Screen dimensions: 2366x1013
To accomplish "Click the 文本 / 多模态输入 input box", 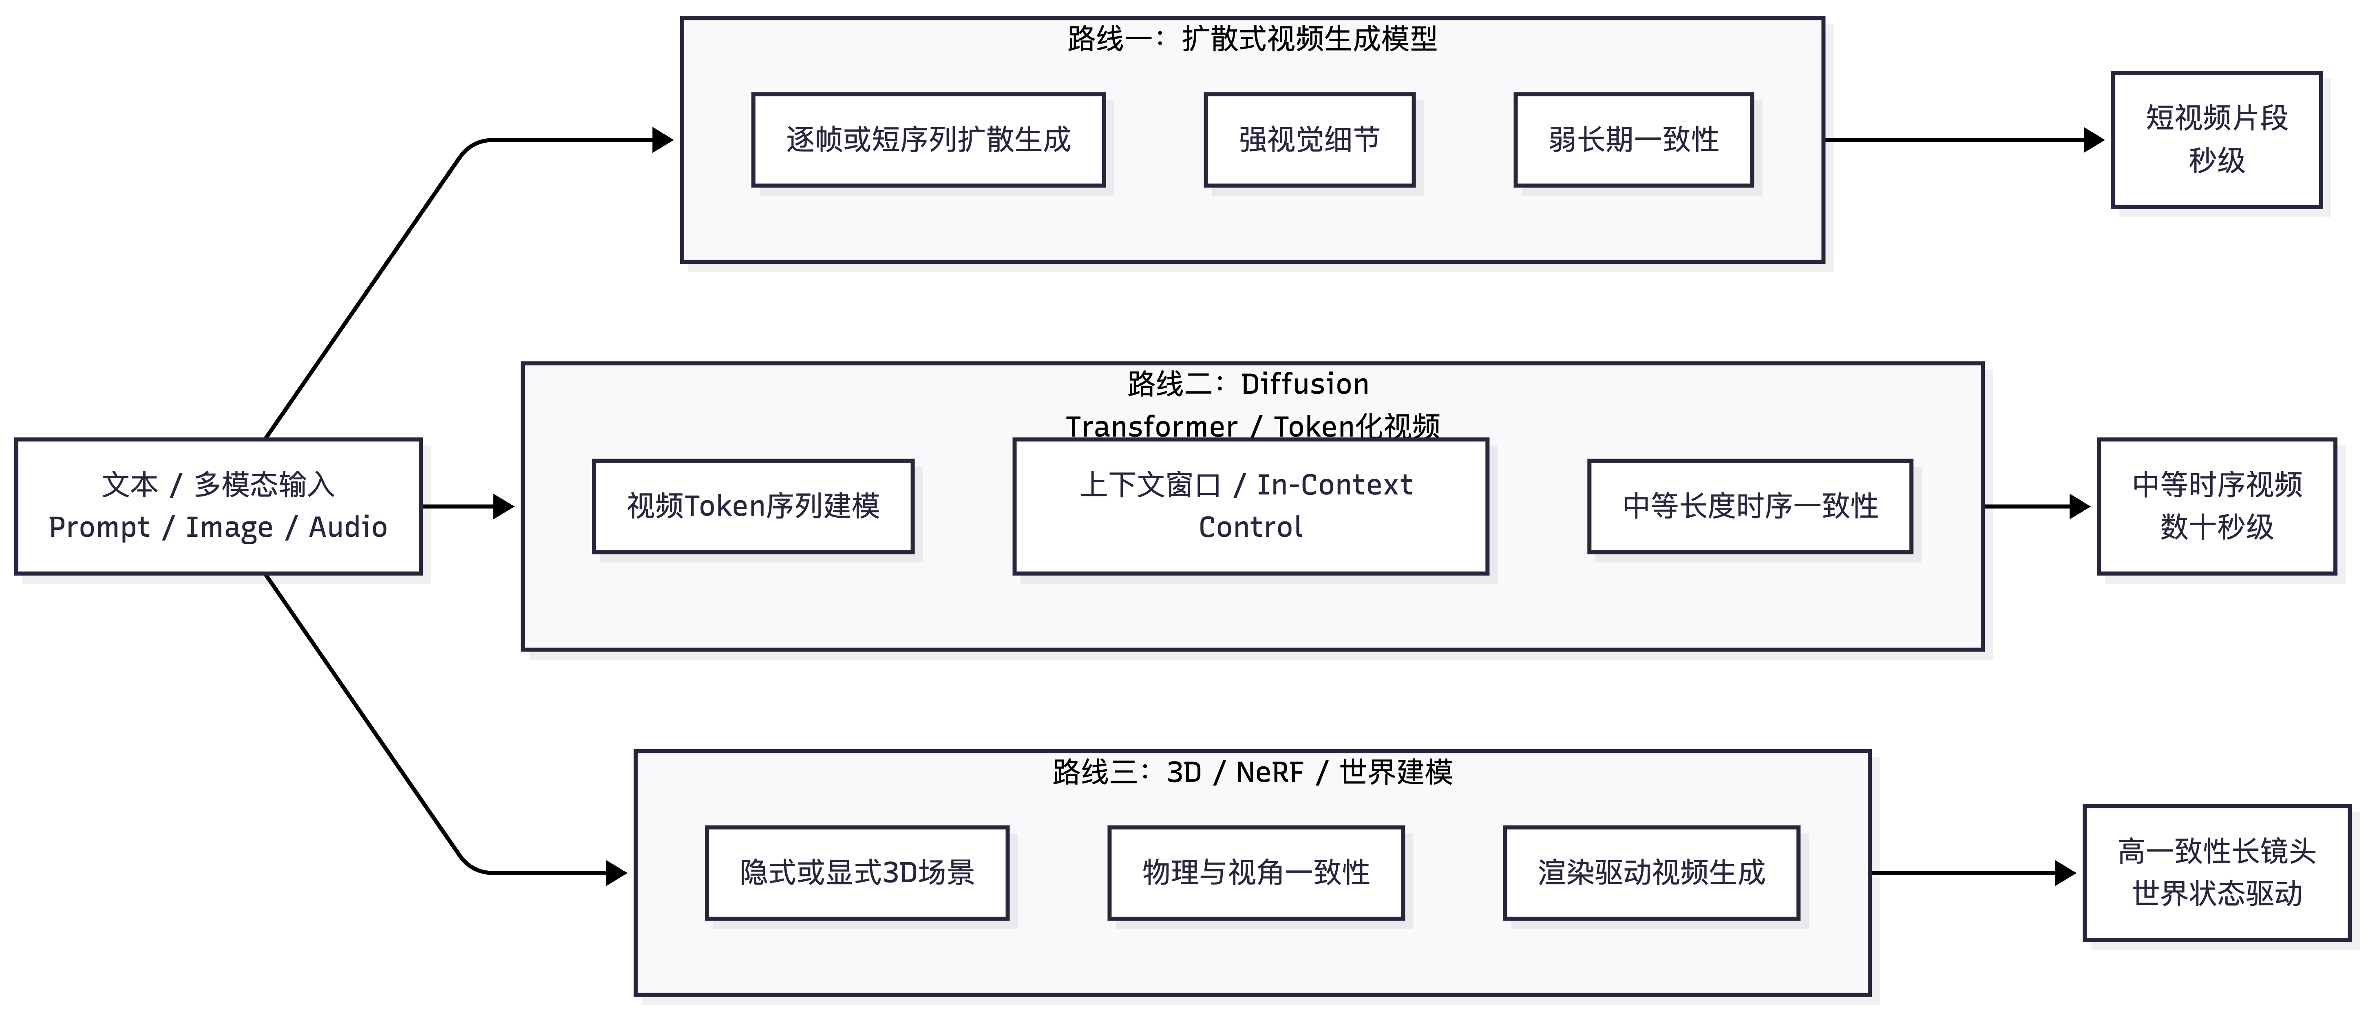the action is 219,506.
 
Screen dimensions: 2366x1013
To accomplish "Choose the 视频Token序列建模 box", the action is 753,506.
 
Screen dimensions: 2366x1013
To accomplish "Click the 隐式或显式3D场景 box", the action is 857,872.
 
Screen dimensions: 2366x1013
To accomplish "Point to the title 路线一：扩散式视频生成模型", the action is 1252,39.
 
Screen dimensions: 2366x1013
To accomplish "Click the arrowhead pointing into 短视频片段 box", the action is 2094,139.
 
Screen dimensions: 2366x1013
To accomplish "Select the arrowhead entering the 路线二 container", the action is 503,506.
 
